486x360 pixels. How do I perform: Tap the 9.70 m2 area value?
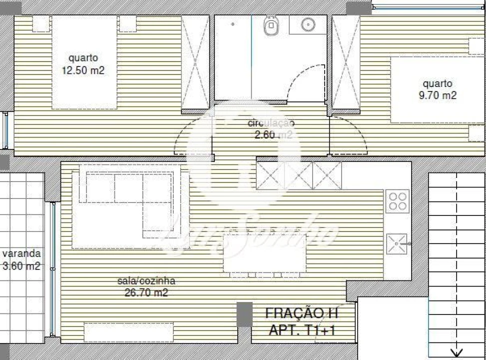point(438,95)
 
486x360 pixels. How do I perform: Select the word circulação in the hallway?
point(271,122)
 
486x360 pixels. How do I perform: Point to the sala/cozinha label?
point(146,281)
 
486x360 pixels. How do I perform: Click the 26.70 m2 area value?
point(146,293)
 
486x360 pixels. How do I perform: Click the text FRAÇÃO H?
point(301,313)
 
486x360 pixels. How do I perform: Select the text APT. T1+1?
point(301,330)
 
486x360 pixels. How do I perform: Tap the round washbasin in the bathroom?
point(308,23)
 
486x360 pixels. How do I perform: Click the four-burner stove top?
point(398,200)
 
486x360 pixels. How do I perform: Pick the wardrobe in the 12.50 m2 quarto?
point(195,62)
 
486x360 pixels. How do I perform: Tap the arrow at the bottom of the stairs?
point(457,353)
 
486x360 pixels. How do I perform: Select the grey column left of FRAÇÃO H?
point(244,314)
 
